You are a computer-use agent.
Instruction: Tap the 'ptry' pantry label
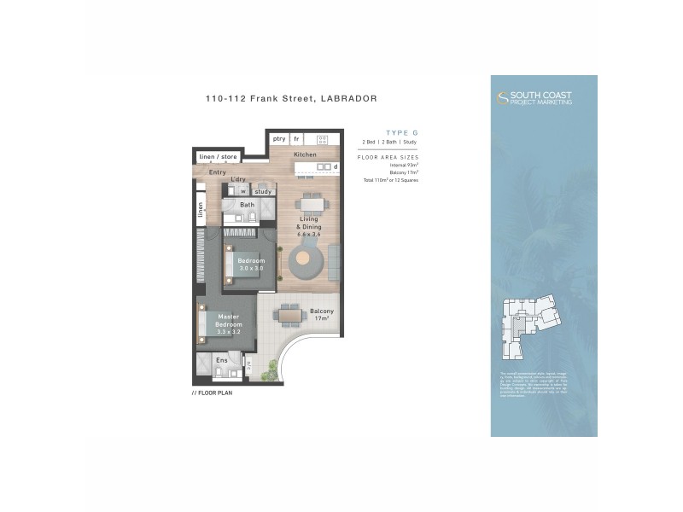[x=279, y=138]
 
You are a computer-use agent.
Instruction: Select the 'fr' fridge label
[x=296, y=138]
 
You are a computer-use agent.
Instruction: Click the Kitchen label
[x=305, y=154]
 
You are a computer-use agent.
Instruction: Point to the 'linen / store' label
[x=218, y=157]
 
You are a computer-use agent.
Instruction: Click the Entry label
[x=218, y=172]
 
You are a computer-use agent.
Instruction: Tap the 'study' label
[x=263, y=191]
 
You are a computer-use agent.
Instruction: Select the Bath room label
[x=247, y=205]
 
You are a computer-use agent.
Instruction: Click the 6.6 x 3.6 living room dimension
[x=307, y=234]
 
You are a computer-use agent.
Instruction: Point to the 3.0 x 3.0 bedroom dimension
[x=251, y=269]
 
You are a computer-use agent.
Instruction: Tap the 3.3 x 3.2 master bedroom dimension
[x=229, y=333]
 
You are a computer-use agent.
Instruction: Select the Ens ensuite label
[x=221, y=361]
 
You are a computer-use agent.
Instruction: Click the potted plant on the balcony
[x=272, y=369]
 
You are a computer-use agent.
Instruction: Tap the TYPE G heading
[x=401, y=132]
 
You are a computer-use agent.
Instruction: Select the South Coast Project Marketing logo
[x=535, y=98]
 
